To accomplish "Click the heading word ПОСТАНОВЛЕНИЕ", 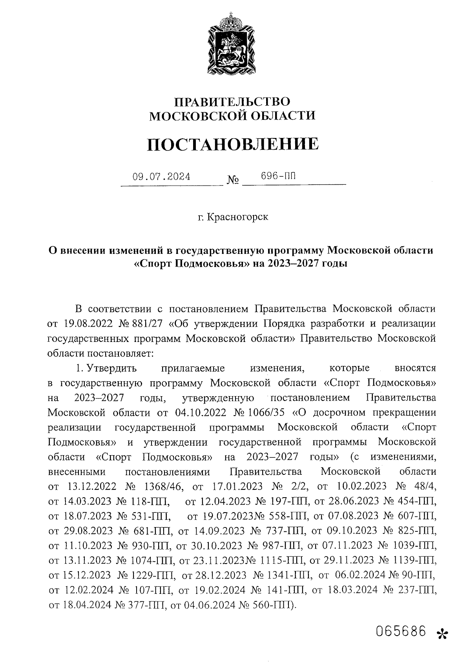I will [233, 145].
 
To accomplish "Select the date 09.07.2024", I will [161, 177].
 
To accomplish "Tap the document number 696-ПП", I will [278, 176].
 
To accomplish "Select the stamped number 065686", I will [401, 621].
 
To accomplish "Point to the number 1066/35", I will [267, 413].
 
